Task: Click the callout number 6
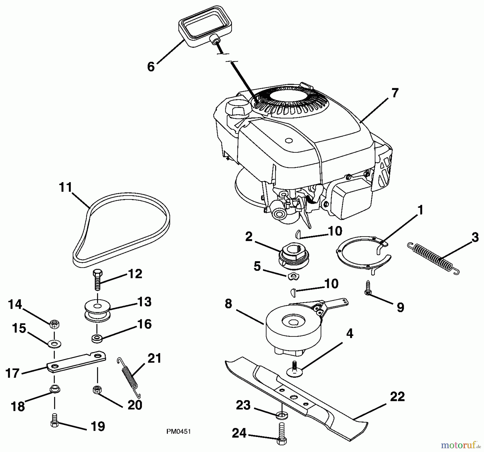[x=151, y=66]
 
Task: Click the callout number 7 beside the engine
[x=394, y=93]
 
